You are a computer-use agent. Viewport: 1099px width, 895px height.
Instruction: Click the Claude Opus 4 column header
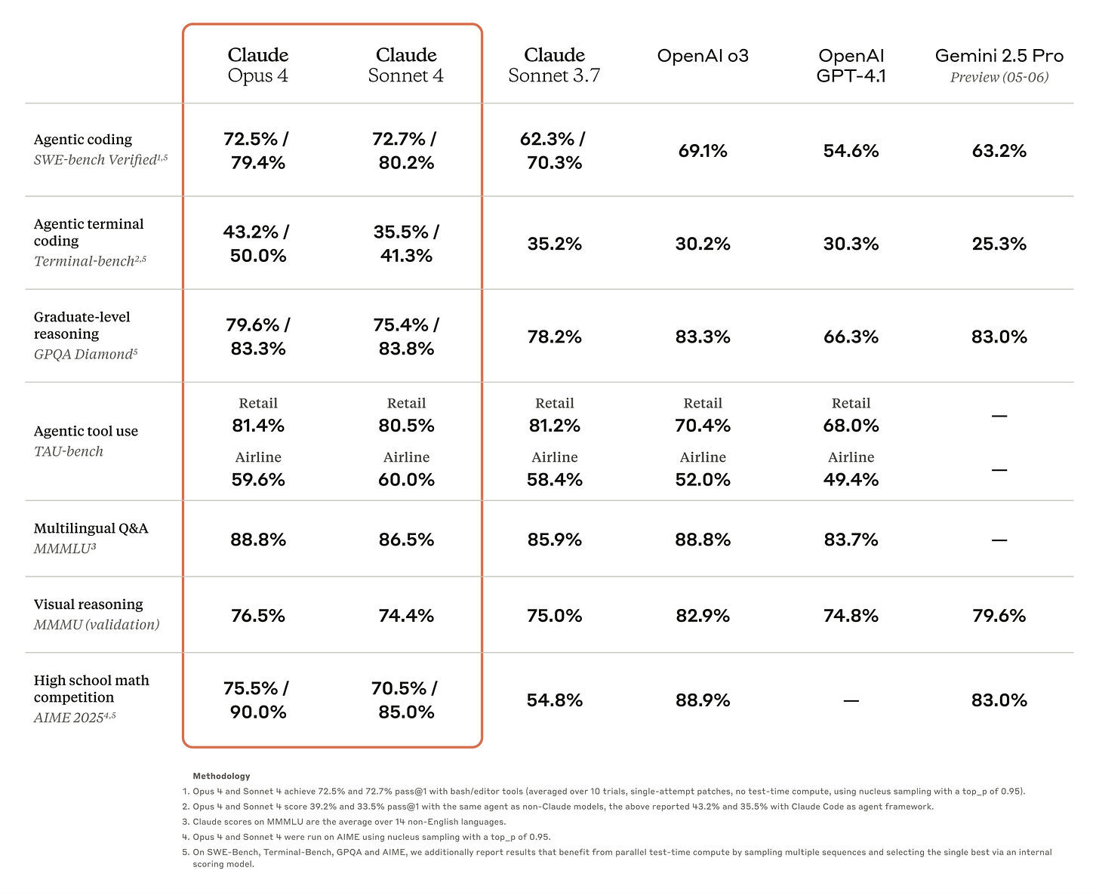click(x=257, y=65)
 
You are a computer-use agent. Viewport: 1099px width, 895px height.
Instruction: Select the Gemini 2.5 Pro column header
click(x=999, y=65)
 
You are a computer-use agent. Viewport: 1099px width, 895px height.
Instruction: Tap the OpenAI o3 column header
click(x=702, y=56)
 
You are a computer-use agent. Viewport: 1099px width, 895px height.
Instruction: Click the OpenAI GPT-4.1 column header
click(x=851, y=65)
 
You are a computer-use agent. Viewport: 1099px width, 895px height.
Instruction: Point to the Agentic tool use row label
click(x=85, y=431)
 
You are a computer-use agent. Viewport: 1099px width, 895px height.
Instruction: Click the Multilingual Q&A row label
click(x=91, y=528)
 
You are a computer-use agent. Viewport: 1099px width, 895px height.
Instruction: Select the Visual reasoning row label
click(x=88, y=604)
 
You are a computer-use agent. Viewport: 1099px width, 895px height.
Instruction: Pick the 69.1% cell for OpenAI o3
click(x=702, y=151)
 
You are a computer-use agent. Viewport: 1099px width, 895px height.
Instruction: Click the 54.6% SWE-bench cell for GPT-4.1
click(x=851, y=151)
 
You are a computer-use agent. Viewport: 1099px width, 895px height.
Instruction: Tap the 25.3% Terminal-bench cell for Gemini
click(x=999, y=244)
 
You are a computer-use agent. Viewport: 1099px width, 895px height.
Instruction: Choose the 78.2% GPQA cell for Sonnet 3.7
click(x=554, y=337)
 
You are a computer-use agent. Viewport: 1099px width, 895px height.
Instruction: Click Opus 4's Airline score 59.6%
click(x=257, y=480)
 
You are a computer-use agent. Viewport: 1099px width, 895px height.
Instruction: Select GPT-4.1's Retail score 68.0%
click(x=851, y=426)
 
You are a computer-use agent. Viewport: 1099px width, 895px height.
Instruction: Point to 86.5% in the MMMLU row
click(x=406, y=540)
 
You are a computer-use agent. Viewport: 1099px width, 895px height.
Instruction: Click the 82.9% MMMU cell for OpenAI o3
click(x=702, y=616)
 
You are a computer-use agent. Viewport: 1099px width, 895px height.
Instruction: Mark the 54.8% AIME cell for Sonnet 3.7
click(x=554, y=700)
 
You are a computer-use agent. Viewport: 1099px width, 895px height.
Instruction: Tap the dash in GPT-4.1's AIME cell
click(x=851, y=701)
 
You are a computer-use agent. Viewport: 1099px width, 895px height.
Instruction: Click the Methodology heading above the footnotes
click(x=221, y=776)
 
